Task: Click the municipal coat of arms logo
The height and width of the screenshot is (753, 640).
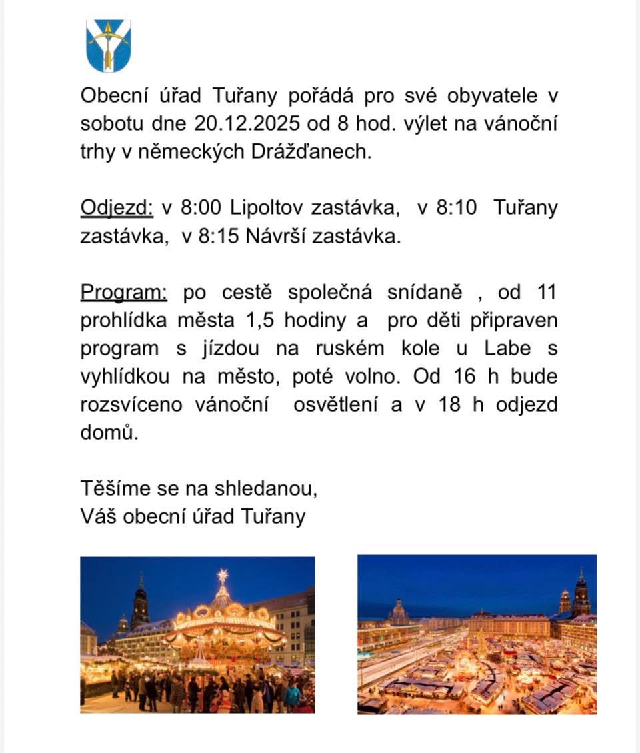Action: tap(109, 46)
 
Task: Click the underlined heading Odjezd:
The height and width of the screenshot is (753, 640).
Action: tap(117, 208)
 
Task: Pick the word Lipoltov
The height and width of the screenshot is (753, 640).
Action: tap(265, 208)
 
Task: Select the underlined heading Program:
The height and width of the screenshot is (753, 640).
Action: tap(123, 292)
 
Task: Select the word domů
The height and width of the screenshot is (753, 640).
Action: tap(109, 432)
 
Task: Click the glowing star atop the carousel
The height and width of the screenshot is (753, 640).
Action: tap(223, 574)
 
